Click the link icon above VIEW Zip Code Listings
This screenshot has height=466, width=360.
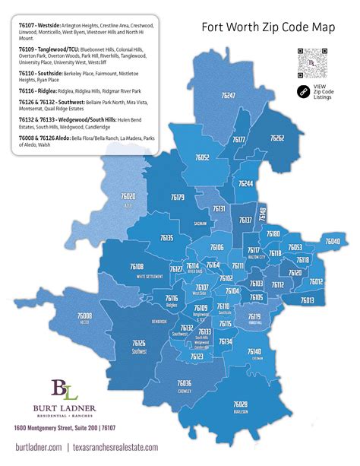304,91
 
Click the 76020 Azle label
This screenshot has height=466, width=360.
128,198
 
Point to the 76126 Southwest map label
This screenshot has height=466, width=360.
138,344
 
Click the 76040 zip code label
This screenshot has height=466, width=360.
333,242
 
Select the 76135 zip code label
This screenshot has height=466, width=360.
166,239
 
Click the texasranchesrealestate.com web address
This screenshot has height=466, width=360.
116,449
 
